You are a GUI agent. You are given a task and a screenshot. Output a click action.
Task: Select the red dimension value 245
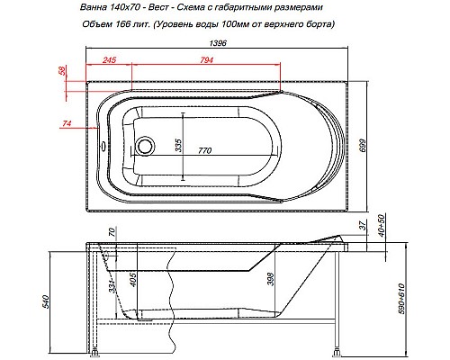click(x=109, y=61)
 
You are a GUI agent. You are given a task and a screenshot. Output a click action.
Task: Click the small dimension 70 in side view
click(x=111, y=234)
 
